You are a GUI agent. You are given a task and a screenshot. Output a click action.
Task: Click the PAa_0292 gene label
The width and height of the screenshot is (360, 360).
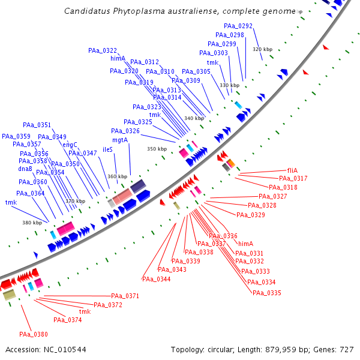click(238, 26)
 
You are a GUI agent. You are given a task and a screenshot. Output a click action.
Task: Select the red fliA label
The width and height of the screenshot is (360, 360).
click(293, 170)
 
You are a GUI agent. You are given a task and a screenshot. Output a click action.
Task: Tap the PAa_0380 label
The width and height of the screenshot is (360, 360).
click(33, 334)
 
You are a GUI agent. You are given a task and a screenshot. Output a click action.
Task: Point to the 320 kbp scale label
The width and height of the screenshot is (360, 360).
click(262, 49)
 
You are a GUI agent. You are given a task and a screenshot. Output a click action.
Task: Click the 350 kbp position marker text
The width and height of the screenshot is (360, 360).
click(157, 149)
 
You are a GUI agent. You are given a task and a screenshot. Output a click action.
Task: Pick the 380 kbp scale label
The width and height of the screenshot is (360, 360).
click(32, 223)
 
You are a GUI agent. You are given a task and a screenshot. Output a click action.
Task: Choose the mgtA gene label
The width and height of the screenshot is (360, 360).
click(120, 140)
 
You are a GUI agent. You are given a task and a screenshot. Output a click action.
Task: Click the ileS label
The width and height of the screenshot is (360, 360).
click(108, 149)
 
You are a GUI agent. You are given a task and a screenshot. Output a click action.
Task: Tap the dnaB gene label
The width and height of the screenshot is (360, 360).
click(25, 169)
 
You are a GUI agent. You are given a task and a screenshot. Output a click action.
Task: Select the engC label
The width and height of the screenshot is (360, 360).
click(70, 144)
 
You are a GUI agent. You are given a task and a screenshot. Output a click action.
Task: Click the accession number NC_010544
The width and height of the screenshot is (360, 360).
click(64, 349)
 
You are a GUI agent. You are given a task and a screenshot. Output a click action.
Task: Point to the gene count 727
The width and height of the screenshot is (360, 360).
click(347, 349)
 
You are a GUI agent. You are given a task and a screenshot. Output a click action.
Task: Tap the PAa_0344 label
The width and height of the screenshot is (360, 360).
click(156, 279)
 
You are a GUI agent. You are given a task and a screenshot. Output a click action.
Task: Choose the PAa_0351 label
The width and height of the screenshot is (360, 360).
click(37, 125)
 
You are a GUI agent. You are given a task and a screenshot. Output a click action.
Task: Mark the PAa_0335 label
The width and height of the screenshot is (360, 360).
click(267, 293)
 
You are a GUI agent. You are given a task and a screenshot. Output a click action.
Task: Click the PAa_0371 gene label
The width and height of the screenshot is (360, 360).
click(125, 296)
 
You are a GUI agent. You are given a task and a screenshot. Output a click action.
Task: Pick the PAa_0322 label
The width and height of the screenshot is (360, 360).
click(103, 50)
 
